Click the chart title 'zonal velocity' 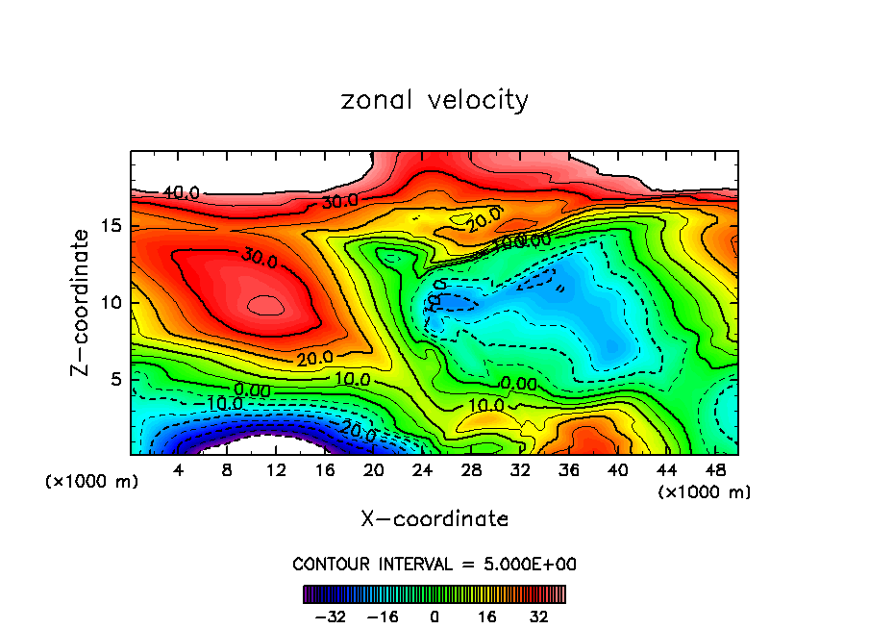[434, 100]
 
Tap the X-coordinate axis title [434, 519]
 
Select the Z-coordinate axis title [83, 302]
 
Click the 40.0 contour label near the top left [181, 193]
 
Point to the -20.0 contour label [356, 433]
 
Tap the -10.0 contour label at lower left [222, 403]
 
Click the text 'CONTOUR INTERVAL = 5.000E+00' [434, 564]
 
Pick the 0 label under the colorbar [434, 616]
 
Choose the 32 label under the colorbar [538, 616]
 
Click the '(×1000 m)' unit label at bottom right [705, 492]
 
